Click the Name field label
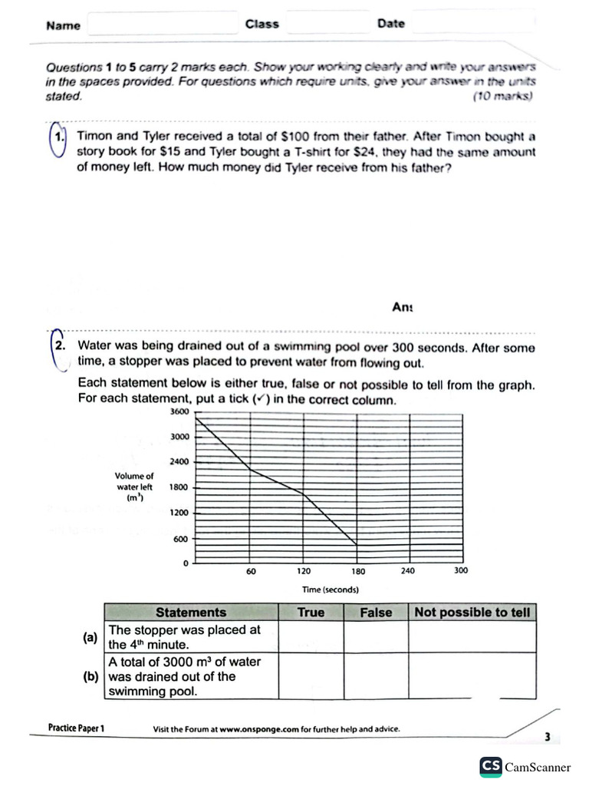pos(63,25)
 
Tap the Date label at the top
pos(390,24)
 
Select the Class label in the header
pos(262,24)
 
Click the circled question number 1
pos(58,138)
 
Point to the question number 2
pos(59,346)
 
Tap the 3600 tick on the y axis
pos(179,412)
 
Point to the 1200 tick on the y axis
pos(179,513)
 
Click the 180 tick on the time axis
pos(358,571)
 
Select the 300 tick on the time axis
pos(460,570)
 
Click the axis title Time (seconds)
pos(331,589)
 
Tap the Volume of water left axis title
pos(134,487)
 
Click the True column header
pos(310,613)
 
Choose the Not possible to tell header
pos(471,613)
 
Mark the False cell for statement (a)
pos(375,636)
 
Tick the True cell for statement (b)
pos(310,675)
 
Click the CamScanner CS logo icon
pos(491,766)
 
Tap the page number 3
pos(548,737)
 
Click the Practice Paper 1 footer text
pos(75,728)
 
